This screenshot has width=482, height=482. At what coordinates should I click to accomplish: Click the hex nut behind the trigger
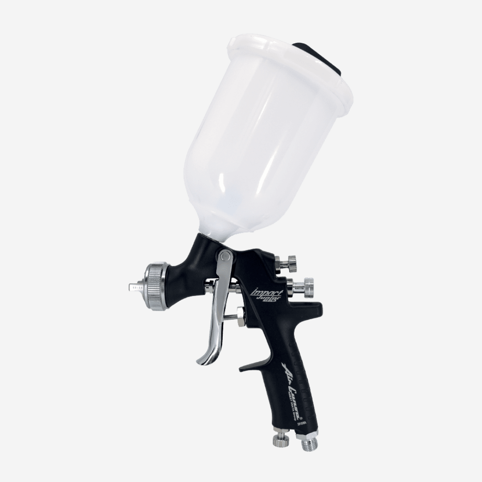click(x=240, y=316)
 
